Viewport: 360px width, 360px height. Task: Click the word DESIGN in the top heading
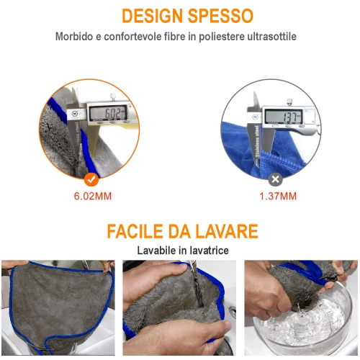(x=153, y=16)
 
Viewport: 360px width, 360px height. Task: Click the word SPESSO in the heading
(x=220, y=16)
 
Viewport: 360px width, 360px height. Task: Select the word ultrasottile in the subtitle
(x=272, y=37)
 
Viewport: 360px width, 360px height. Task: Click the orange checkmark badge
(x=91, y=179)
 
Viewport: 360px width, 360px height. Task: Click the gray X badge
(x=275, y=179)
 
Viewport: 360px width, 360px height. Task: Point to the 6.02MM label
(x=93, y=196)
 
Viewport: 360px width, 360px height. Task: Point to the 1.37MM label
(x=278, y=196)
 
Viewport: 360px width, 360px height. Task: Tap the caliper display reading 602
(x=108, y=112)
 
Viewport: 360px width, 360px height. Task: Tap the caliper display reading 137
(x=284, y=116)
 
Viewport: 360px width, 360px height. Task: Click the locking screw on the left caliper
(x=112, y=96)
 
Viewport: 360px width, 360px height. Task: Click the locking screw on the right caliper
(x=289, y=102)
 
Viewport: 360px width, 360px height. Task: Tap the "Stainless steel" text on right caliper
(x=257, y=142)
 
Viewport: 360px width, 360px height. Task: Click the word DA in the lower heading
(x=179, y=231)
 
